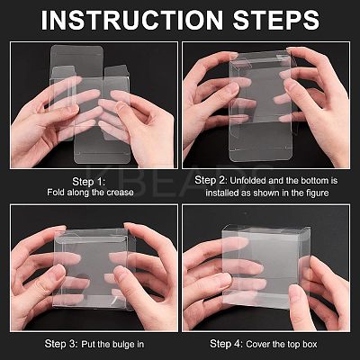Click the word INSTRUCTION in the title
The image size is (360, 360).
click(131, 20)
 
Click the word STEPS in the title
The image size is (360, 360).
click(276, 20)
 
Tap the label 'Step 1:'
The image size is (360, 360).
click(89, 182)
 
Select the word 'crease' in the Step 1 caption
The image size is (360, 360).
click(120, 193)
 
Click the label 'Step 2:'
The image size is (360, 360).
click(211, 180)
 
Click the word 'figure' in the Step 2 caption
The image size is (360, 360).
click(316, 193)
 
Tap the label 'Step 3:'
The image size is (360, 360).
click(61, 344)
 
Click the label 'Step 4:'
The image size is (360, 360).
click(227, 344)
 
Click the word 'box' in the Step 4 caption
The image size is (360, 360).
click(309, 344)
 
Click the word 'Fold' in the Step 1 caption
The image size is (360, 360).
click(56, 193)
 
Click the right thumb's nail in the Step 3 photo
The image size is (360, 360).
click(121, 271)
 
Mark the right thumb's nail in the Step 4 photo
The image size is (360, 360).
click(294, 290)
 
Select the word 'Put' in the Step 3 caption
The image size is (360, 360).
click(88, 344)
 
